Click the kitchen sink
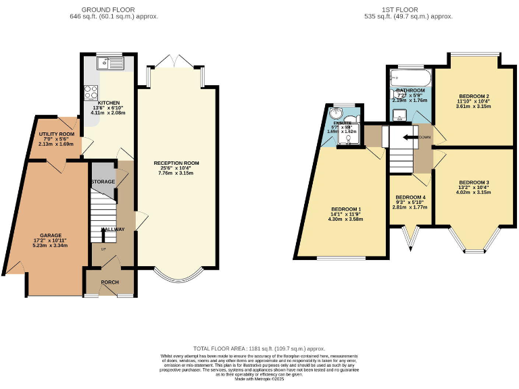tap(106, 63)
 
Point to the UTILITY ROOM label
tap(56, 134)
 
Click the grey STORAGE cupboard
tap(103, 182)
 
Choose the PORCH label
tap(110, 282)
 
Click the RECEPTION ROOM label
tap(176, 163)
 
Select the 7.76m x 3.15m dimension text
tap(176, 174)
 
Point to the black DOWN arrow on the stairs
tap(410, 137)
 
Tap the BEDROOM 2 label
tap(474, 96)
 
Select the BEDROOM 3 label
tap(474, 182)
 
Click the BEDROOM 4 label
tap(411, 197)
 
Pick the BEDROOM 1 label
tap(345, 209)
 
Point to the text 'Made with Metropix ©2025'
tap(259, 380)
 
